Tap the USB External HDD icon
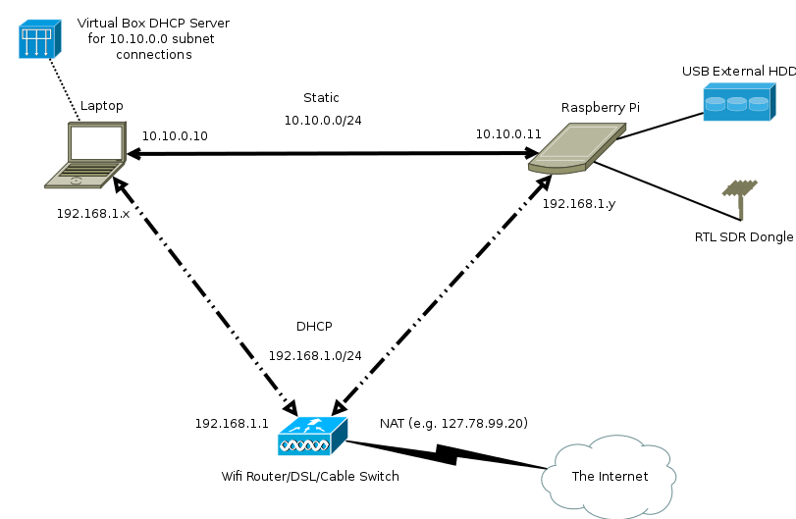[737, 101]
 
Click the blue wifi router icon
[312, 436]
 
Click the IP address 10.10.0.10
[175, 136]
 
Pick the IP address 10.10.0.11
[508, 133]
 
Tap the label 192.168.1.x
[93, 213]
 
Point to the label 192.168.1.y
[579, 203]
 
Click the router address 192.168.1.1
[232, 424]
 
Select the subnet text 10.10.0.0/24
[323, 120]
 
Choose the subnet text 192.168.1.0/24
[315, 355]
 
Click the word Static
[321, 98]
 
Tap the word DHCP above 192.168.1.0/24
[314, 326]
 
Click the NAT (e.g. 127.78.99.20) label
[453, 423]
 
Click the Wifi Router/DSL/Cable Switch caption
[310, 477]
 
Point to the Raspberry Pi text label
[600, 107]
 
